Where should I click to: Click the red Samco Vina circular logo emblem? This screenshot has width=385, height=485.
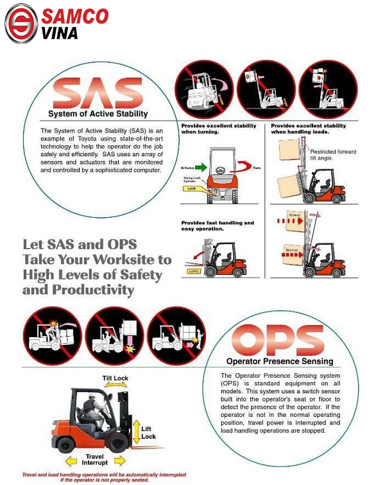point(21,23)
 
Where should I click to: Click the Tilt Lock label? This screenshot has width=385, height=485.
point(116,378)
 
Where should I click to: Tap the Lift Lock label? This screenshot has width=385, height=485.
point(148,432)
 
